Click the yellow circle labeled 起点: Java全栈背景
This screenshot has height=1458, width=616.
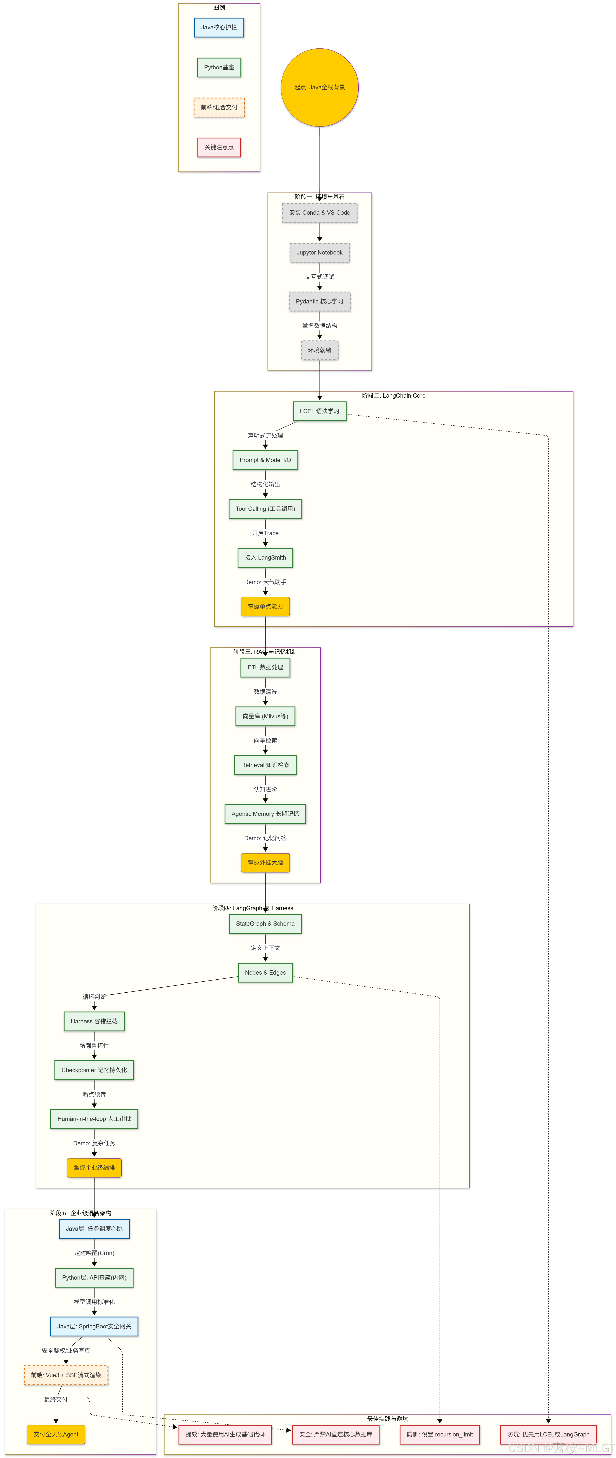coord(319,87)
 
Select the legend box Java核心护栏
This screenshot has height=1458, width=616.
coord(219,27)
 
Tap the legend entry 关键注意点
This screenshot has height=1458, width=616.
coord(219,147)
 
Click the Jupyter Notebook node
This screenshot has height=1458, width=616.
coord(319,252)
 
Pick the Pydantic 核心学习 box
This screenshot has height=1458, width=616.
coord(319,301)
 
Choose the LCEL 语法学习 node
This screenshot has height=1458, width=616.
coord(319,411)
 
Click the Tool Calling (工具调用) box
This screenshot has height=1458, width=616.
coord(265,509)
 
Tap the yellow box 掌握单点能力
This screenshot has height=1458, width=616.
coord(265,606)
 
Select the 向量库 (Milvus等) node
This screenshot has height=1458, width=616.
coord(265,716)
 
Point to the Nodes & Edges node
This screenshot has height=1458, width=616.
coord(265,972)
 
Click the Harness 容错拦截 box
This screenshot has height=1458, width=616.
coord(94,1021)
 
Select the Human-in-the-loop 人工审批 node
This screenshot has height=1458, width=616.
coord(94,1119)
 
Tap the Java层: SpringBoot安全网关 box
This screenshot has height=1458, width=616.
coord(94,1326)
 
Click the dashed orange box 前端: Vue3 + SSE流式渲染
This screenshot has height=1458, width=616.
coord(66,1375)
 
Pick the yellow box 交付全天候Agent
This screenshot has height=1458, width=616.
coord(56,1434)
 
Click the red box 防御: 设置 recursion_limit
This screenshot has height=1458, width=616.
coord(439,1434)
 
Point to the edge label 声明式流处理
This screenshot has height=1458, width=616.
coord(265,435)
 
